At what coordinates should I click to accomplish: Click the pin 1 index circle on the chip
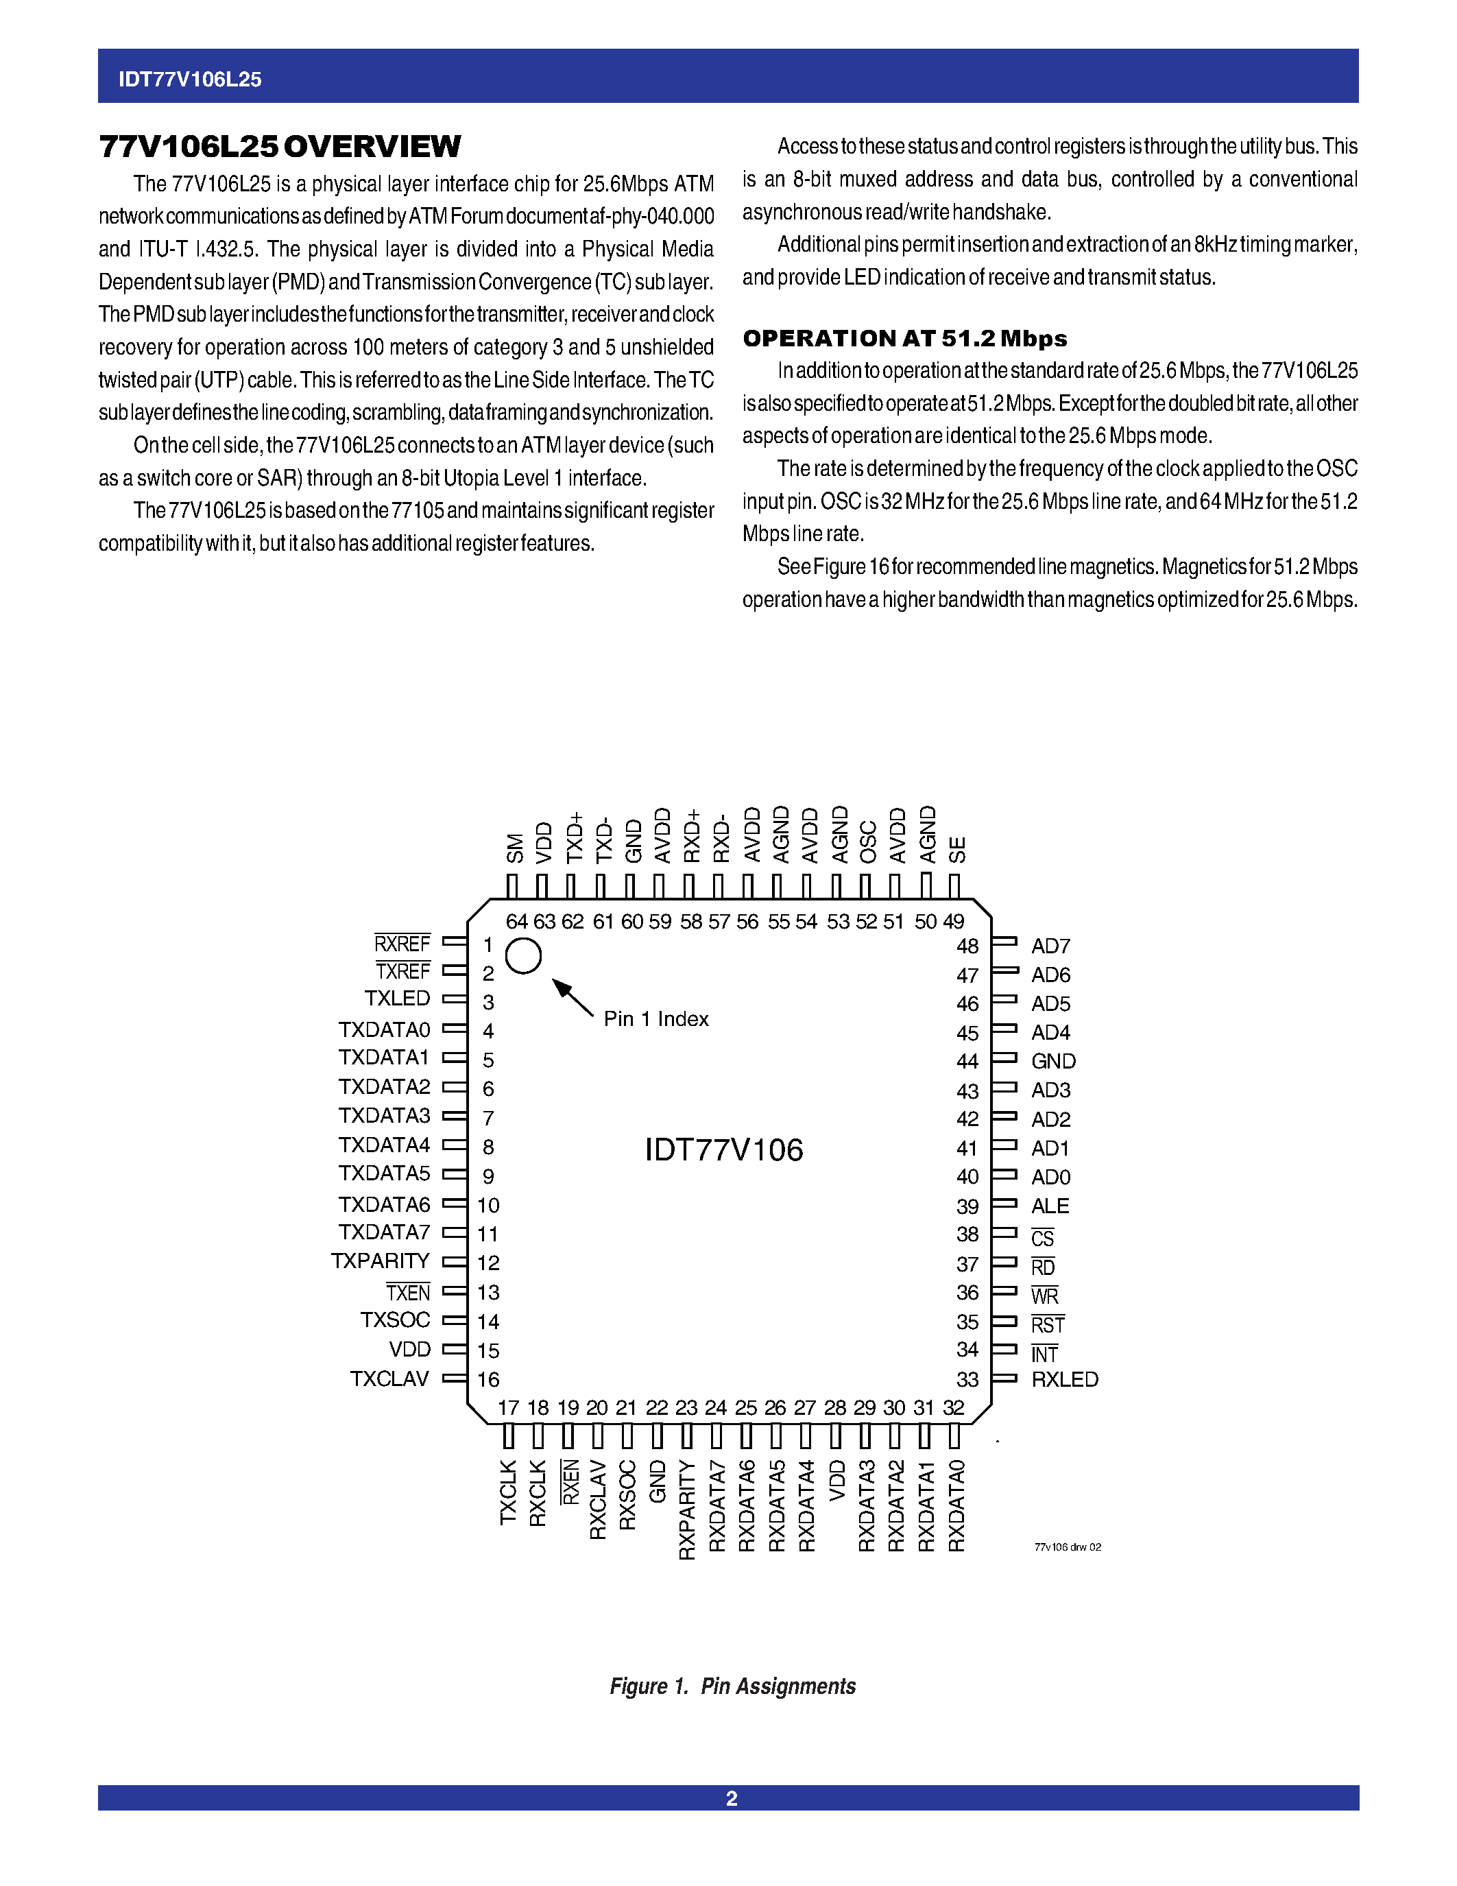tap(523, 956)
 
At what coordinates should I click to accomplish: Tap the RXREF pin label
tap(402, 943)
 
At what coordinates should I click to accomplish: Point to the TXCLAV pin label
tap(389, 1378)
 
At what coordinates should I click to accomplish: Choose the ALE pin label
tap(1050, 1206)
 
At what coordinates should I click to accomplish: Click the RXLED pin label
tap(1064, 1379)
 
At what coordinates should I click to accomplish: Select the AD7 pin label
tap(1050, 946)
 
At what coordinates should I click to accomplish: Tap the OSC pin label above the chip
tap(868, 842)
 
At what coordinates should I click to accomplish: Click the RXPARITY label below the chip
tap(687, 1509)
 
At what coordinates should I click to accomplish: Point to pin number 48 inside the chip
tap(967, 946)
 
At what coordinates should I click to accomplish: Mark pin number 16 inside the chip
tap(489, 1379)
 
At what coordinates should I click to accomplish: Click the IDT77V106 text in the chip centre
tap(723, 1149)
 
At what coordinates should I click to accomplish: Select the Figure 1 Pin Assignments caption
tap(732, 1686)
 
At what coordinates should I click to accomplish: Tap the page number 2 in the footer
tap(731, 1798)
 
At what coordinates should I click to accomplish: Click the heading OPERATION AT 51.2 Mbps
tap(904, 339)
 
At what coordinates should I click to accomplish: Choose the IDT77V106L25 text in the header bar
tap(190, 80)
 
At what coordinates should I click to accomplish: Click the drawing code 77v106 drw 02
tap(1067, 1547)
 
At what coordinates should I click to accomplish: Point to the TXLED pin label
tap(397, 999)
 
